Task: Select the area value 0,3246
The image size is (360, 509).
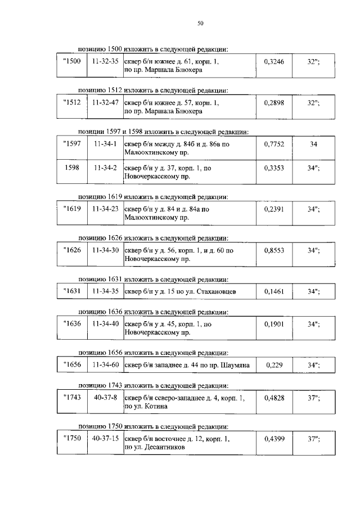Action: click(x=274, y=62)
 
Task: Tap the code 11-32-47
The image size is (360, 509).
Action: click(x=105, y=103)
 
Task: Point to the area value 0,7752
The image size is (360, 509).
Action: click(x=274, y=144)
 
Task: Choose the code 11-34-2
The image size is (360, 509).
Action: click(x=105, y=168)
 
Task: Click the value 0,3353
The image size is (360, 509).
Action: click(x=274, y=168)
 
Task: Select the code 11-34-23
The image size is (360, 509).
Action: click(x=105, y=209)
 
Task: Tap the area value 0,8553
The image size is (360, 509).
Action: click(x=274, y=250)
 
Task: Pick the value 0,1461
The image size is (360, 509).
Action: click(x=274, y=291)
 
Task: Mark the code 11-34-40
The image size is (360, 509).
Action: click(x=105, y=324)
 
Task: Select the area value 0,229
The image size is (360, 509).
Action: click(x=274, y=365)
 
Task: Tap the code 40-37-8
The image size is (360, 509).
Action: click(x=105, y=398)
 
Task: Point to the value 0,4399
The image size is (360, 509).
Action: click(x=274, y=439)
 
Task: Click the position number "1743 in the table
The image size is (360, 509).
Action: click(x=72, y=398)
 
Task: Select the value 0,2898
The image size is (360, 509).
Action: click(x=274, y=103)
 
